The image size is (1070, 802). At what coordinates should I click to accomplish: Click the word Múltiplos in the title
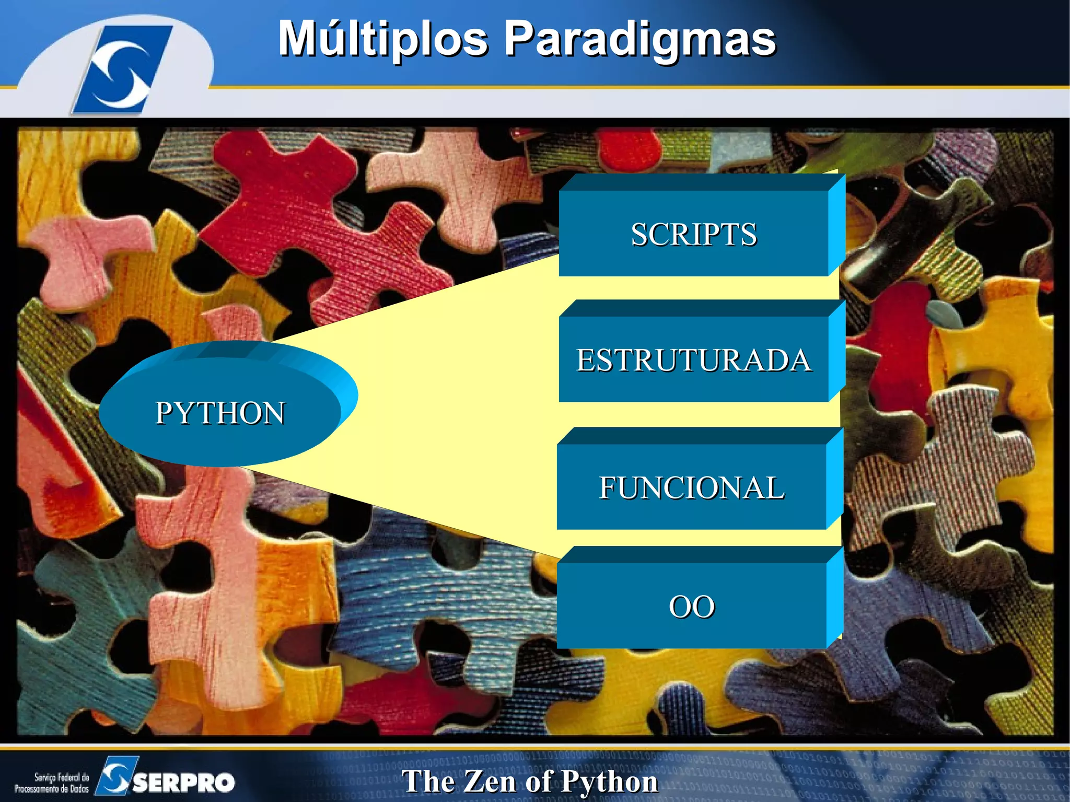382,39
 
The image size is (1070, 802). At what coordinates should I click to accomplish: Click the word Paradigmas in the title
641,39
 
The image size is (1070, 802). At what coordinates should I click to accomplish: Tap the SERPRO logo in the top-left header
123,69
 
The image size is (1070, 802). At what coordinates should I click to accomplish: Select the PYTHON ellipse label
220,413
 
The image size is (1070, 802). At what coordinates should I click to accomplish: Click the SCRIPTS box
693,234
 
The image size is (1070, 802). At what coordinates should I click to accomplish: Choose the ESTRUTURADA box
693,359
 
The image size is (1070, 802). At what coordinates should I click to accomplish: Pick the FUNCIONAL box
691,487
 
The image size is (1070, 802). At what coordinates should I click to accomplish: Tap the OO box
691,606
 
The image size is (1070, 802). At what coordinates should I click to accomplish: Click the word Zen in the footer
489,782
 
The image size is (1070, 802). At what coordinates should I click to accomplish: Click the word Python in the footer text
609,782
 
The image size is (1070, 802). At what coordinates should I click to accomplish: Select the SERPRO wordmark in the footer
183,782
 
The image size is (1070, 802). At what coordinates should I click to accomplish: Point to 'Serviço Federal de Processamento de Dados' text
52,783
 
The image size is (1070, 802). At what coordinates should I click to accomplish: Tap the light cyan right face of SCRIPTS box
836,225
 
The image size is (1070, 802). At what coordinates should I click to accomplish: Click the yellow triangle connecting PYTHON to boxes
444,408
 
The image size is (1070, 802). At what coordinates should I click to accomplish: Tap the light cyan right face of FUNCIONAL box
834,478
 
